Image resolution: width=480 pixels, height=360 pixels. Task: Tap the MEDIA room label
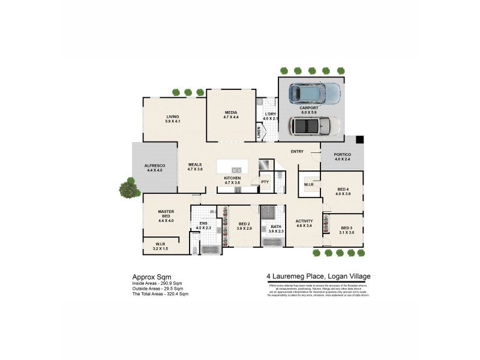coord(232,113)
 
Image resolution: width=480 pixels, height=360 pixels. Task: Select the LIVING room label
coord(173,116)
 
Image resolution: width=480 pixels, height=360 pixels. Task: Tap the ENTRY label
coord(297,151)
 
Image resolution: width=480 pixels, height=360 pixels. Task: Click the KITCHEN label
coord(232,178)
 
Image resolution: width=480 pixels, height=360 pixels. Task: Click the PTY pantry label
coord(265,181)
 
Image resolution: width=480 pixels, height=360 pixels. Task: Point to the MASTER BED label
coord(166,214)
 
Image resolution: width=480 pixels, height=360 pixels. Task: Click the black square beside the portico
coord(359,140)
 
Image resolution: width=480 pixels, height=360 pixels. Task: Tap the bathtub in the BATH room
coord(273,242)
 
